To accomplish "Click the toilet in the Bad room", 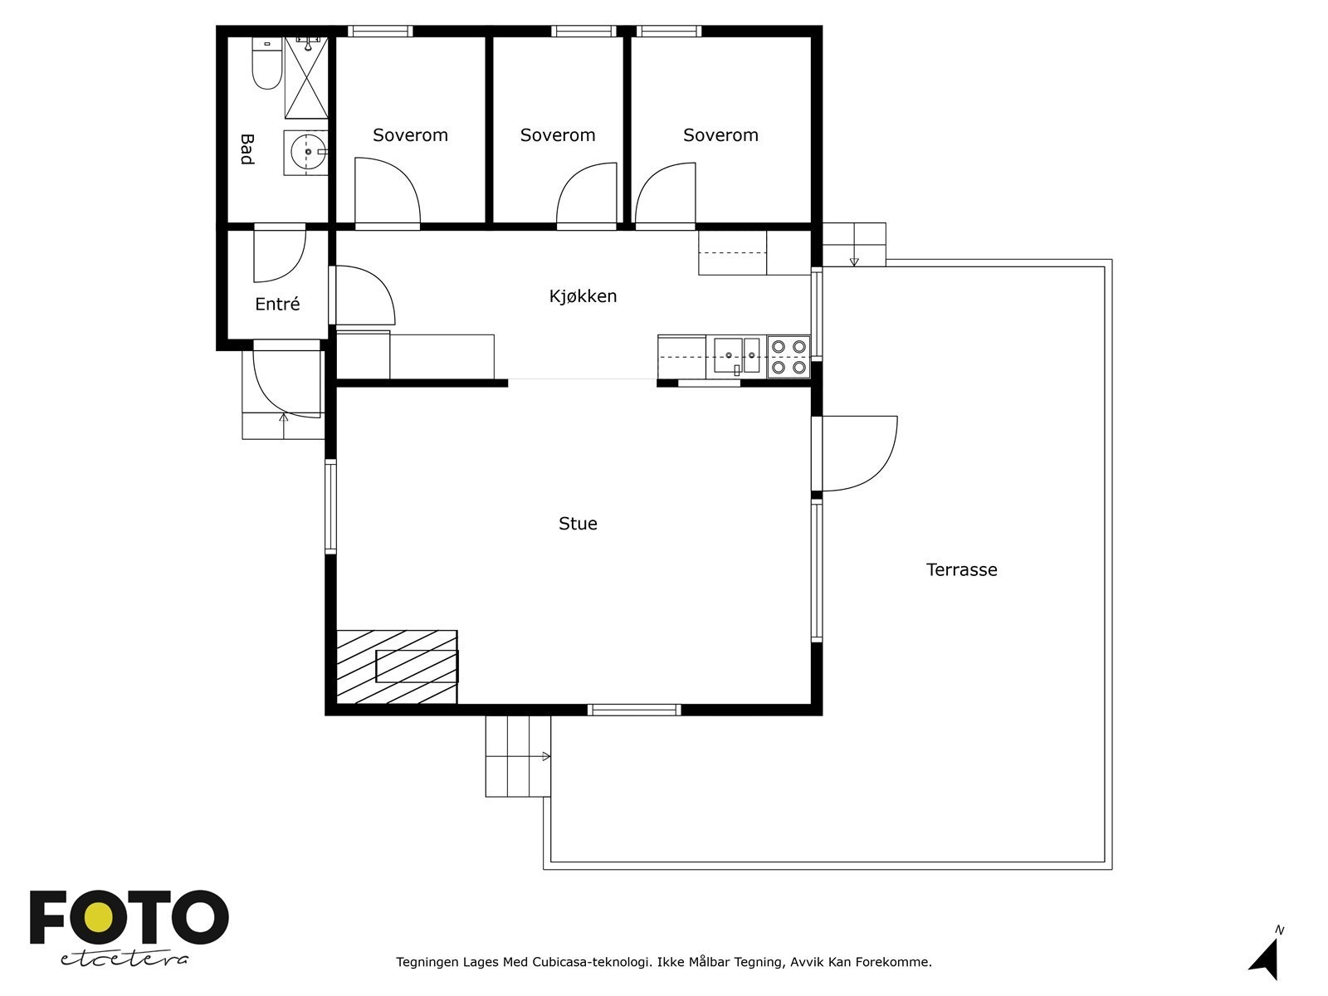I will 267,66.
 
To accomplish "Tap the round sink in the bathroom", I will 307,152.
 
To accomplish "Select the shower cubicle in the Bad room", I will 307,79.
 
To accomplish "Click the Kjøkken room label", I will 583,296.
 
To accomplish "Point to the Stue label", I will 578,524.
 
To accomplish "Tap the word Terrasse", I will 961,570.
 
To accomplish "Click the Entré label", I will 277,305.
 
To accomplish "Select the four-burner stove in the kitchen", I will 788,357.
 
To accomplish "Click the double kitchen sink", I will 738,356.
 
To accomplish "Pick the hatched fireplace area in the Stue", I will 397,666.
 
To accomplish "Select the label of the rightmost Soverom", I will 720,135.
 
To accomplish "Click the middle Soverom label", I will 558,135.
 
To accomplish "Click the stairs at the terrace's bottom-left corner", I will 517,757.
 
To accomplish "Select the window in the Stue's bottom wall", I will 634,710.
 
